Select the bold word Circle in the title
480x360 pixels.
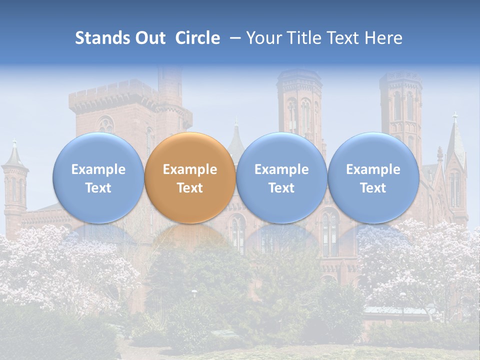(197, 38)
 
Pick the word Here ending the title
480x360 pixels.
(383, 38)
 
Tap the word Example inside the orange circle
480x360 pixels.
(190, 169)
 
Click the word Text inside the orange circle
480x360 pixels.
(190, 188)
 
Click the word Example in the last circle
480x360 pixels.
(373, 169)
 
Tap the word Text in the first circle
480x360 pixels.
(98, 188)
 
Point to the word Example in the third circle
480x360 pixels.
(281, 169)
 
